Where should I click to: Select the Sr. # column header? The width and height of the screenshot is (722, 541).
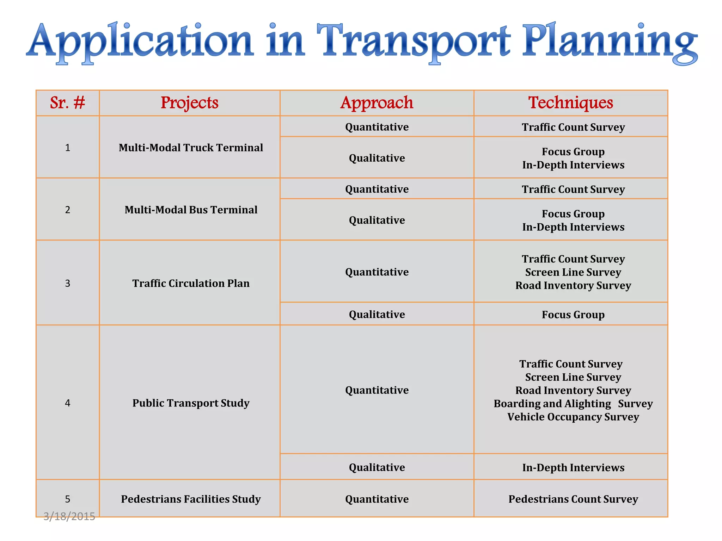[67, 103]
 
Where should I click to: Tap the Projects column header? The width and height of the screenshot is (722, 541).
[189, 103]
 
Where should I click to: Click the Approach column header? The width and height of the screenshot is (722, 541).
[377, 103]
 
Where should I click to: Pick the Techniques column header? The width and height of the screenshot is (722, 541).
[570, 103]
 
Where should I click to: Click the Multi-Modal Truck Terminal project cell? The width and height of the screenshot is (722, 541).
[191, 148]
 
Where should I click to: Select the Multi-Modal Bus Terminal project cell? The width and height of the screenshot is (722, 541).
[191, 210]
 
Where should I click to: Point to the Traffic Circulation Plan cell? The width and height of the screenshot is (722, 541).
[191, 283]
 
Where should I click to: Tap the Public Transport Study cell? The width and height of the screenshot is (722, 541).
[191, 403]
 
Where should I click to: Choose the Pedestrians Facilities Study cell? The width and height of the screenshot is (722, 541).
[191, 499]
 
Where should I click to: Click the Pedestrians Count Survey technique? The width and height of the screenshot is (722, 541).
[573, 499]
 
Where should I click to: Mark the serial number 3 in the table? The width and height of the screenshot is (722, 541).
[68, 284]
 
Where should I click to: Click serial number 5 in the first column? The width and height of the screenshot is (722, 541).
[68, 499]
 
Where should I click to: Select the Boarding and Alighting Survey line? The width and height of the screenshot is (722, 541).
[573, 404]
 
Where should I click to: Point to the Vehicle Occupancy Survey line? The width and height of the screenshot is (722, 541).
[573, 417]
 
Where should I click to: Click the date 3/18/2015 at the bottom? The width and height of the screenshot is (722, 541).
[69, 516]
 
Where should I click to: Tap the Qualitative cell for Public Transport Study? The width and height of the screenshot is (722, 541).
[377, 467]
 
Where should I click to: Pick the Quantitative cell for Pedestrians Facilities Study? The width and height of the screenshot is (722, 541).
[377, 499]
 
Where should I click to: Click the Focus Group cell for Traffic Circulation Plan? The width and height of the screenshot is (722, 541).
[573, 315]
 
